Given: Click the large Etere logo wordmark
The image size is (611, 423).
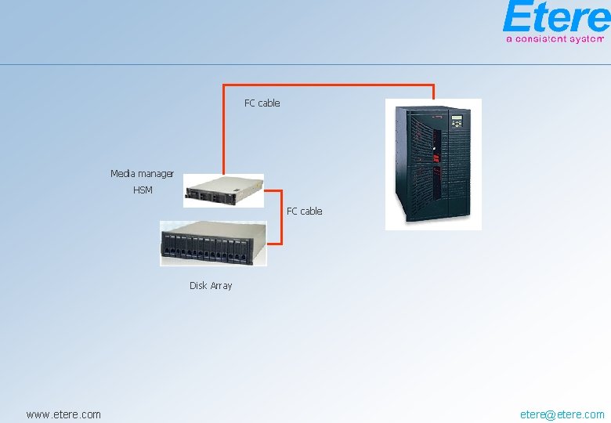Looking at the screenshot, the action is (x=556, y=16).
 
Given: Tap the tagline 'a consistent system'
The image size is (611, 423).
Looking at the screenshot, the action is (x=555, y=38).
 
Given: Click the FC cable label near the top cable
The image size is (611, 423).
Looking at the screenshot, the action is (x=262, y=103).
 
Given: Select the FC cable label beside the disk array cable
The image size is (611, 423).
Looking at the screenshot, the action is (x=304, y=211).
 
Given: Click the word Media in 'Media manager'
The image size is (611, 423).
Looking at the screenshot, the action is (x=122, y=173).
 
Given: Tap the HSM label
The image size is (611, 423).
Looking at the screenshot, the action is (x=143, y=190).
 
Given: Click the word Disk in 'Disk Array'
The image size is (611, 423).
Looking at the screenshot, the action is (x=197, y=285).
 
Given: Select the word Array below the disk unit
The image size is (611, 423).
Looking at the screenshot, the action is (x=221, y=285).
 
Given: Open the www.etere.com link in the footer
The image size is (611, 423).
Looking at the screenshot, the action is (x=63, y=414).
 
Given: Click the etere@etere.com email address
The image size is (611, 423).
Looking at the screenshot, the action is (x=562, y=414).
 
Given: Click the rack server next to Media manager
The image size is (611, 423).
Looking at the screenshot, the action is (x=223, y=190).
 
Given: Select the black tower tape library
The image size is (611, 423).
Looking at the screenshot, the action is (x=432, y=164).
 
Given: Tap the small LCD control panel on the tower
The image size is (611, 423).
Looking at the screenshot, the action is (x=457, y=121).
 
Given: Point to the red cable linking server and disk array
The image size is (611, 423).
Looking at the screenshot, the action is (x=280, y=215).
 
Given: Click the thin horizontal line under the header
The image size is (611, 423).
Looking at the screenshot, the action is (x=305, y=64).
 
